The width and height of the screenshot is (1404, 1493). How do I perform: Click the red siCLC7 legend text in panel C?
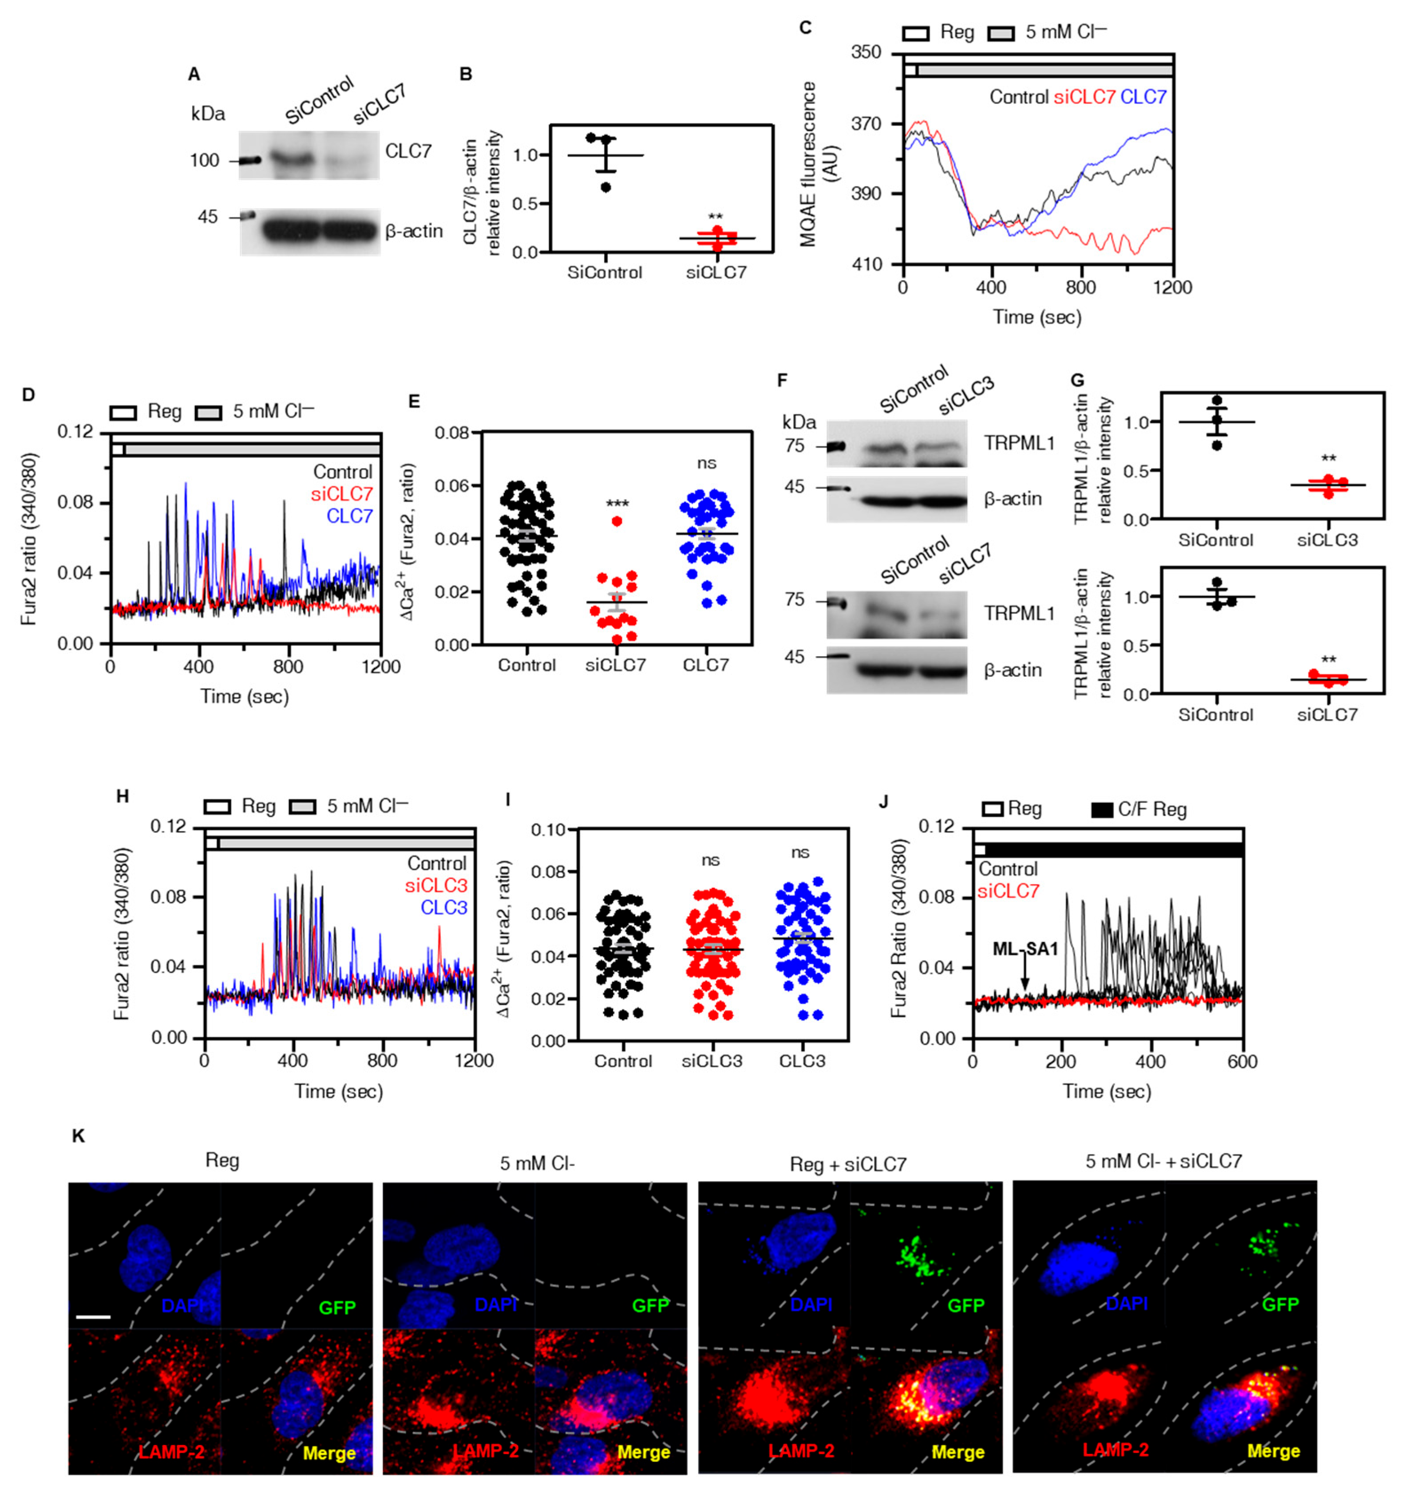pos(1084,97)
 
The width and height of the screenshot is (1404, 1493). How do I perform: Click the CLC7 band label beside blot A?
pos(408,151)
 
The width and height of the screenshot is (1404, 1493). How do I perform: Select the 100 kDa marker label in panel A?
pos(204,161)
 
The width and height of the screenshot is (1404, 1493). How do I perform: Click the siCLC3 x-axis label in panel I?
pos(712,1061)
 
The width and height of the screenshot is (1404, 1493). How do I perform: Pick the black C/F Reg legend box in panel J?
pos(1101,810)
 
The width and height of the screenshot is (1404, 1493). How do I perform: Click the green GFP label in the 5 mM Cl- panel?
pos(650,1306)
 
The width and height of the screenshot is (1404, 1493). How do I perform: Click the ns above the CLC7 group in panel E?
pos(706,463)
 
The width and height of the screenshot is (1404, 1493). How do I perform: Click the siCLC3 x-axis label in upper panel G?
pos(1327,540)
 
